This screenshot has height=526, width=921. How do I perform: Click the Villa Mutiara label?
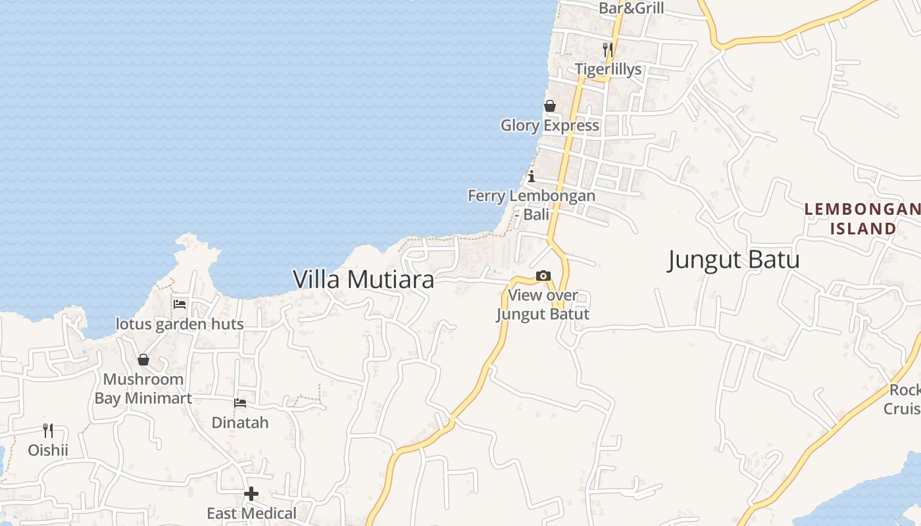[363, 279]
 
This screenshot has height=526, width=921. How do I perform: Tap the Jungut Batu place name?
[734, 260]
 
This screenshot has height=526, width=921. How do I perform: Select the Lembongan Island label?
[862, 219]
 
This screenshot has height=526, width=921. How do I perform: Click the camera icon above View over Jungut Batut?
[543, 276]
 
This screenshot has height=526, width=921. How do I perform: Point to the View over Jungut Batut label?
[543, 305]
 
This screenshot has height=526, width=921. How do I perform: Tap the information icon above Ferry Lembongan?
[532, 176]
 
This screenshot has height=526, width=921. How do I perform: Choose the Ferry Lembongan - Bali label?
[532, 204]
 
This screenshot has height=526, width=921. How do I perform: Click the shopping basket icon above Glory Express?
[550, 106]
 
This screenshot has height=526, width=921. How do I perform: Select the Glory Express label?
[550, 125]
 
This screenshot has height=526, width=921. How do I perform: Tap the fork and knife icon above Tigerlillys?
[608, 49]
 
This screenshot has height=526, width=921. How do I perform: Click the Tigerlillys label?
[608, 69]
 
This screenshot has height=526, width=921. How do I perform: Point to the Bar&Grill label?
[631, 9]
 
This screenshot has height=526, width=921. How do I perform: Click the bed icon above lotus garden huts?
[180, 304]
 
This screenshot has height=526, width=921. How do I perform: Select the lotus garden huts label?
[180, 324]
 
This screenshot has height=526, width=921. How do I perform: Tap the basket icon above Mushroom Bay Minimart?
[143, 360]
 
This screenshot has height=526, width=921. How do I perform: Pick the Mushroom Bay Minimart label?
[143, 389]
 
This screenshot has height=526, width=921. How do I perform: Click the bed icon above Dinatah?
[240, 402]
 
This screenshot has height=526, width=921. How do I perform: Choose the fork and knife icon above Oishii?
[48, 431]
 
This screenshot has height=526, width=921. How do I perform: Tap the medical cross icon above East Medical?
[251, 494]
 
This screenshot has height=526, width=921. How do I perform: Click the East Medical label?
[251, 513]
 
